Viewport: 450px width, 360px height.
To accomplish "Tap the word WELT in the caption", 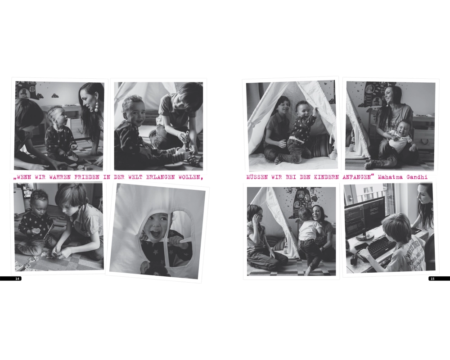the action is point(135,177).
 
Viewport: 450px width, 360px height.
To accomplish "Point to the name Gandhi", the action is point(417,177).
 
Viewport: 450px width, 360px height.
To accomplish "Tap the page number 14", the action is point(17,279).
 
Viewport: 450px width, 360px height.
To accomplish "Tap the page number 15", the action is point(433,279).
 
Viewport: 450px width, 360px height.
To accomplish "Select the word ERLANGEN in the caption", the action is point(161,177).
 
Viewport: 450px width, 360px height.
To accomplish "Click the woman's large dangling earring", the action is point(96,106).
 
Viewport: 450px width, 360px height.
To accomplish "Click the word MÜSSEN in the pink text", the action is point(257,177).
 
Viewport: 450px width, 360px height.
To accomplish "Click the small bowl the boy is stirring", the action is point(184,153).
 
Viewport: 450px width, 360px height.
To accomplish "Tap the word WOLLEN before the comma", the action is point(189,177).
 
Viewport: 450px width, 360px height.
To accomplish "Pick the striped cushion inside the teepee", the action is point(323,145).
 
